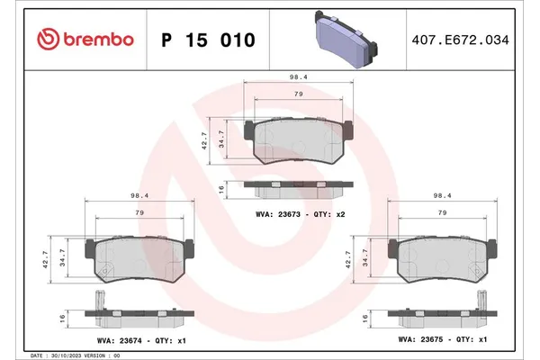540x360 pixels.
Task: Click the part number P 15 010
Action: [x=207, y=40]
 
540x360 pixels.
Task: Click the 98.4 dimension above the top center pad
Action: [x=295, y=77]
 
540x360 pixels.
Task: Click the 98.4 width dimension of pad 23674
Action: [x=139, y=196]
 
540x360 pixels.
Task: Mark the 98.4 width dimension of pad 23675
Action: [x=441, y=196]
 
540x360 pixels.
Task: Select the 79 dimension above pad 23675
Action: [x=441, y=212]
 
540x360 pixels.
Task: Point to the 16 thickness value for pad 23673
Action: [x=221, y=190]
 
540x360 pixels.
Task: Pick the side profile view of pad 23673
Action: [x=295, y=190]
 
